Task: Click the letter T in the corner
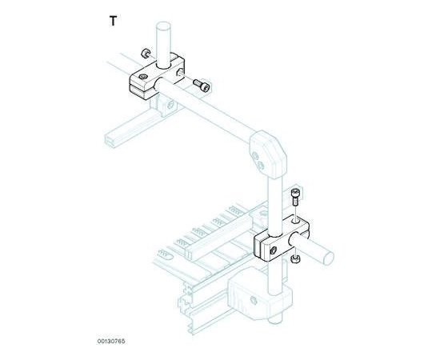pyautogui.click(x=113, y=21)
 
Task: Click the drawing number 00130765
pyautogui.click(x=111, y=342)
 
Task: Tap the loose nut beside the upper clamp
pyautogui.click(x=145, y=53)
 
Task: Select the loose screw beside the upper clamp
pyautogui.click(x=202, y=85)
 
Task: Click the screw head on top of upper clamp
pyautogui.click(x=142, y=76)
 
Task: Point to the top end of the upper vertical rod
pyautogui.click(x=163, y=27)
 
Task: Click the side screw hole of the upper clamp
pyautogui.click(x=179, y=72)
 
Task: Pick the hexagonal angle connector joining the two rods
pyautogui.click(x=268, y=154)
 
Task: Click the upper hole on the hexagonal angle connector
pyautogui.click(x=255, y=157)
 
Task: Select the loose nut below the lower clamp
pyautogui.click(x=296, y=258)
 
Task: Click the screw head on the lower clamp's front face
pyautogui.click(x=273, y=250)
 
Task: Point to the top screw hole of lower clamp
pyautogui.click(x=296, y=221)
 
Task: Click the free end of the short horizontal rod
pyautogui.click(x=328, y=258)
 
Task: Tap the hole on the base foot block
pyautogui.click(x=254, y=300)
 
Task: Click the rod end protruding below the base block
pyautogui.click(x=275, y=321)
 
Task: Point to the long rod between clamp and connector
pyautogui.click(x=206, y=110)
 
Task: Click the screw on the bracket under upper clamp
pyautogui.click(x=171, y=105)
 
